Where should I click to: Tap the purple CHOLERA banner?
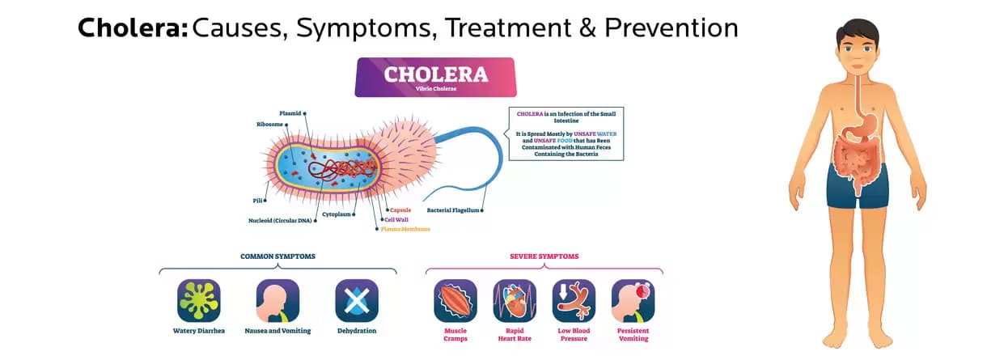[435, 77]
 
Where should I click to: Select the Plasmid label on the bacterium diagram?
[290, 113]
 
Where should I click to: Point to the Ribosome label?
[269, 125]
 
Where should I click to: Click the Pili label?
[257, 199]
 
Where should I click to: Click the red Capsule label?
[400, 210]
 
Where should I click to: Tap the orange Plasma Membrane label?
[406, 229]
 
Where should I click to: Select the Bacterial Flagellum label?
[453, 210]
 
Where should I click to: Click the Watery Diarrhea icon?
[199, 301]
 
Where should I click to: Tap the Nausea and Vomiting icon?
[277, 301]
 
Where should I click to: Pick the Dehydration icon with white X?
[357, 301]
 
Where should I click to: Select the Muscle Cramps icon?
[455, 301]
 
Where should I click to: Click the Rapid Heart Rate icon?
[515, 301]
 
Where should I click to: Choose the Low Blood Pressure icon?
[574, 301]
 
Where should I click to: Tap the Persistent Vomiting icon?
[633, 301]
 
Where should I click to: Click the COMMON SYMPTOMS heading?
[277, 256]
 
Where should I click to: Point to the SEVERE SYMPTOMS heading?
[544, 256]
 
